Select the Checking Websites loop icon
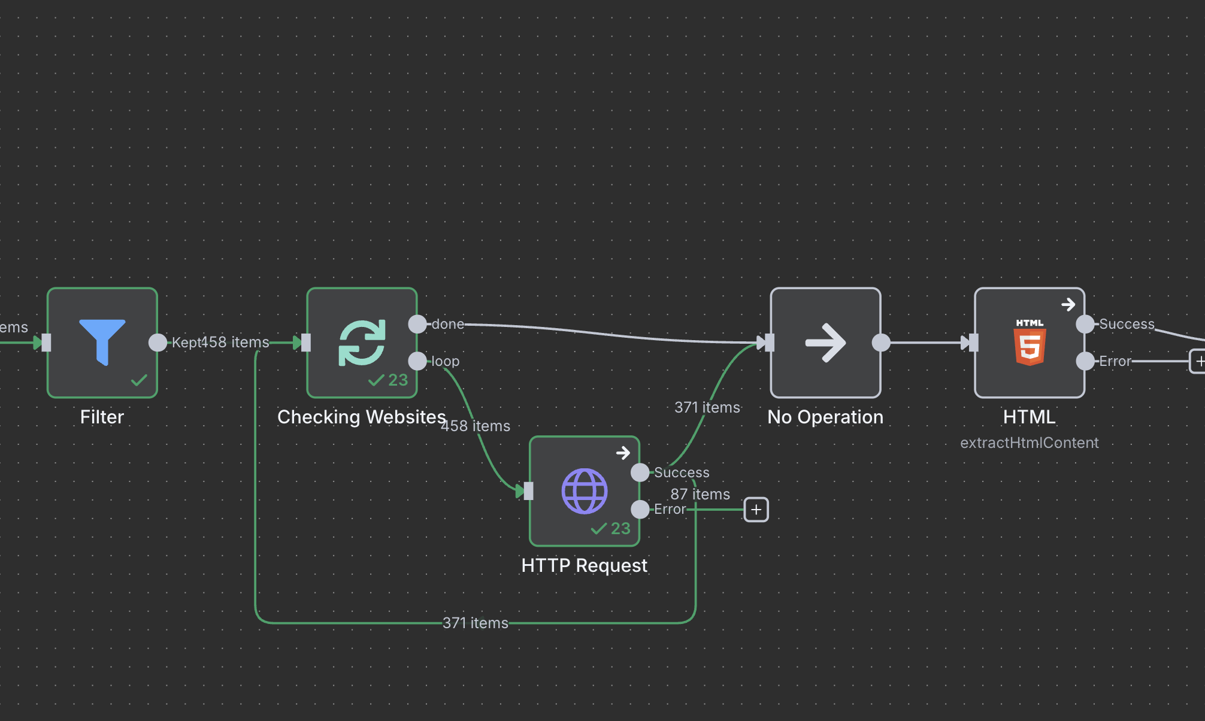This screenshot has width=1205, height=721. click(362, 342)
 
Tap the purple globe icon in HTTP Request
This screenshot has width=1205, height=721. click(584, 491)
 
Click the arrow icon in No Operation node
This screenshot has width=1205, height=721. click(825, 343)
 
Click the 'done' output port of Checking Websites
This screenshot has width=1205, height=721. click(417, 324)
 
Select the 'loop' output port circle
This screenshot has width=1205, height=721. click(417, 361)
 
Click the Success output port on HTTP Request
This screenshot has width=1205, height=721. click(640, 472)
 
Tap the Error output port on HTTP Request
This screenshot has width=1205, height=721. click(640, 510)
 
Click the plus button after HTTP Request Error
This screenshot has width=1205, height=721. click(756, 510)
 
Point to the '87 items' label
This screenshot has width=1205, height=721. click(700, 494)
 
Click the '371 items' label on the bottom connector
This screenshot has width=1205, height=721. click(475, 623)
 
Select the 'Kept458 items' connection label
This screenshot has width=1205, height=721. click(220, 342)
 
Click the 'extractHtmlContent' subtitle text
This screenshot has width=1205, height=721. click(1029, 443)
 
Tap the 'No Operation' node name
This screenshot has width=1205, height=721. click(825, 417)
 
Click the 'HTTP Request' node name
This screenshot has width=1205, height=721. click(584, 565)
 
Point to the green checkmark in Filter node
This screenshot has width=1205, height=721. click(139, 380)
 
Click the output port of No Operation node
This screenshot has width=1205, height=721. click(881, 343)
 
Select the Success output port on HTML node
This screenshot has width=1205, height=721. click(1085, 324)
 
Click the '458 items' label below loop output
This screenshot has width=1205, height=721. click(476, 426)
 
